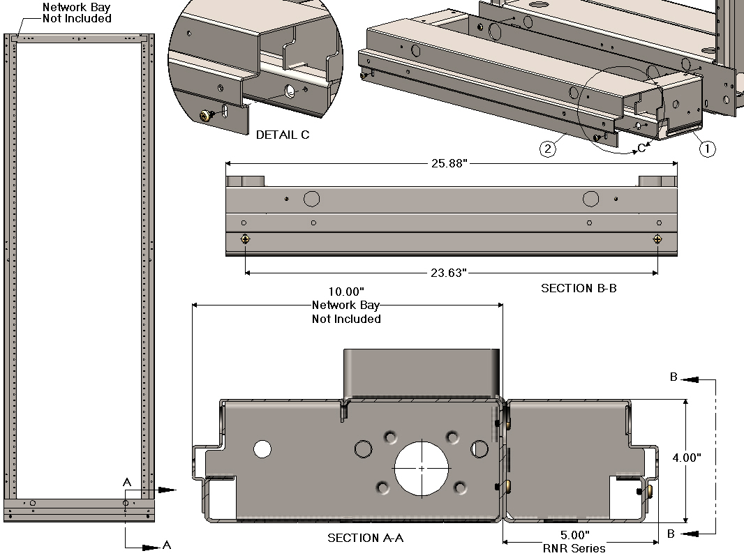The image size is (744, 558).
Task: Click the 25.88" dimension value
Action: pyautogui.click(x=449, y=163)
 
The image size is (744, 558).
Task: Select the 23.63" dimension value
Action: pyautogui.click(x=448, y=273)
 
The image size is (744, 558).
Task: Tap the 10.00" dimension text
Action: pyautogui.click(x=346, y=292)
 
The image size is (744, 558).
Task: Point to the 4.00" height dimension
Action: pyautogui.click(x=687, y=458)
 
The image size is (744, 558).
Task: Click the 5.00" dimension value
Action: pyautogui.click(x=574, y=535)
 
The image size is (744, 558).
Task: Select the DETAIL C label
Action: pyautogui.click(x=283, y=135)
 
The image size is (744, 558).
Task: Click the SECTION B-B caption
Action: pyautogui.click(x=579, y=288)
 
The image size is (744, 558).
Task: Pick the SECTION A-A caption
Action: pyautogui.click(x=365, y=538)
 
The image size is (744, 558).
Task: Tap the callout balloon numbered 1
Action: pyautogui.click(x=707, y=149)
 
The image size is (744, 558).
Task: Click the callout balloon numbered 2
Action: pyautogui.click(x=548, y=149)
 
